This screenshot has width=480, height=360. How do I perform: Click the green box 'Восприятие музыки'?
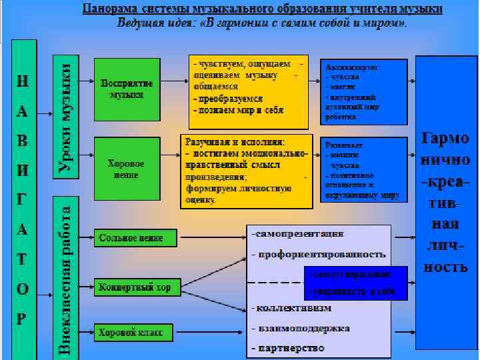(x=127, y=88)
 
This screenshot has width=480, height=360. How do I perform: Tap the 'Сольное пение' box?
(x=136, y=237)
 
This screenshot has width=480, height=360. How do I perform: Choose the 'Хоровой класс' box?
(x=133, y=331)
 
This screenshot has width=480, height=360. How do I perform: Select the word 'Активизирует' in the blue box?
(x=351, y=68)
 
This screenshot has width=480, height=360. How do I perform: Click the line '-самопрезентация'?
(x=298, y=233)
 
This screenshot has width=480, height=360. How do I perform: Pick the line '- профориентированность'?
(x=319, y=254)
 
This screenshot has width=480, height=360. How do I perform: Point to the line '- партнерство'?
(x=288, y=348)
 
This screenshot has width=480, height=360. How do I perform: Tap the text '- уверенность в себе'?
(x=350, y=292)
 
